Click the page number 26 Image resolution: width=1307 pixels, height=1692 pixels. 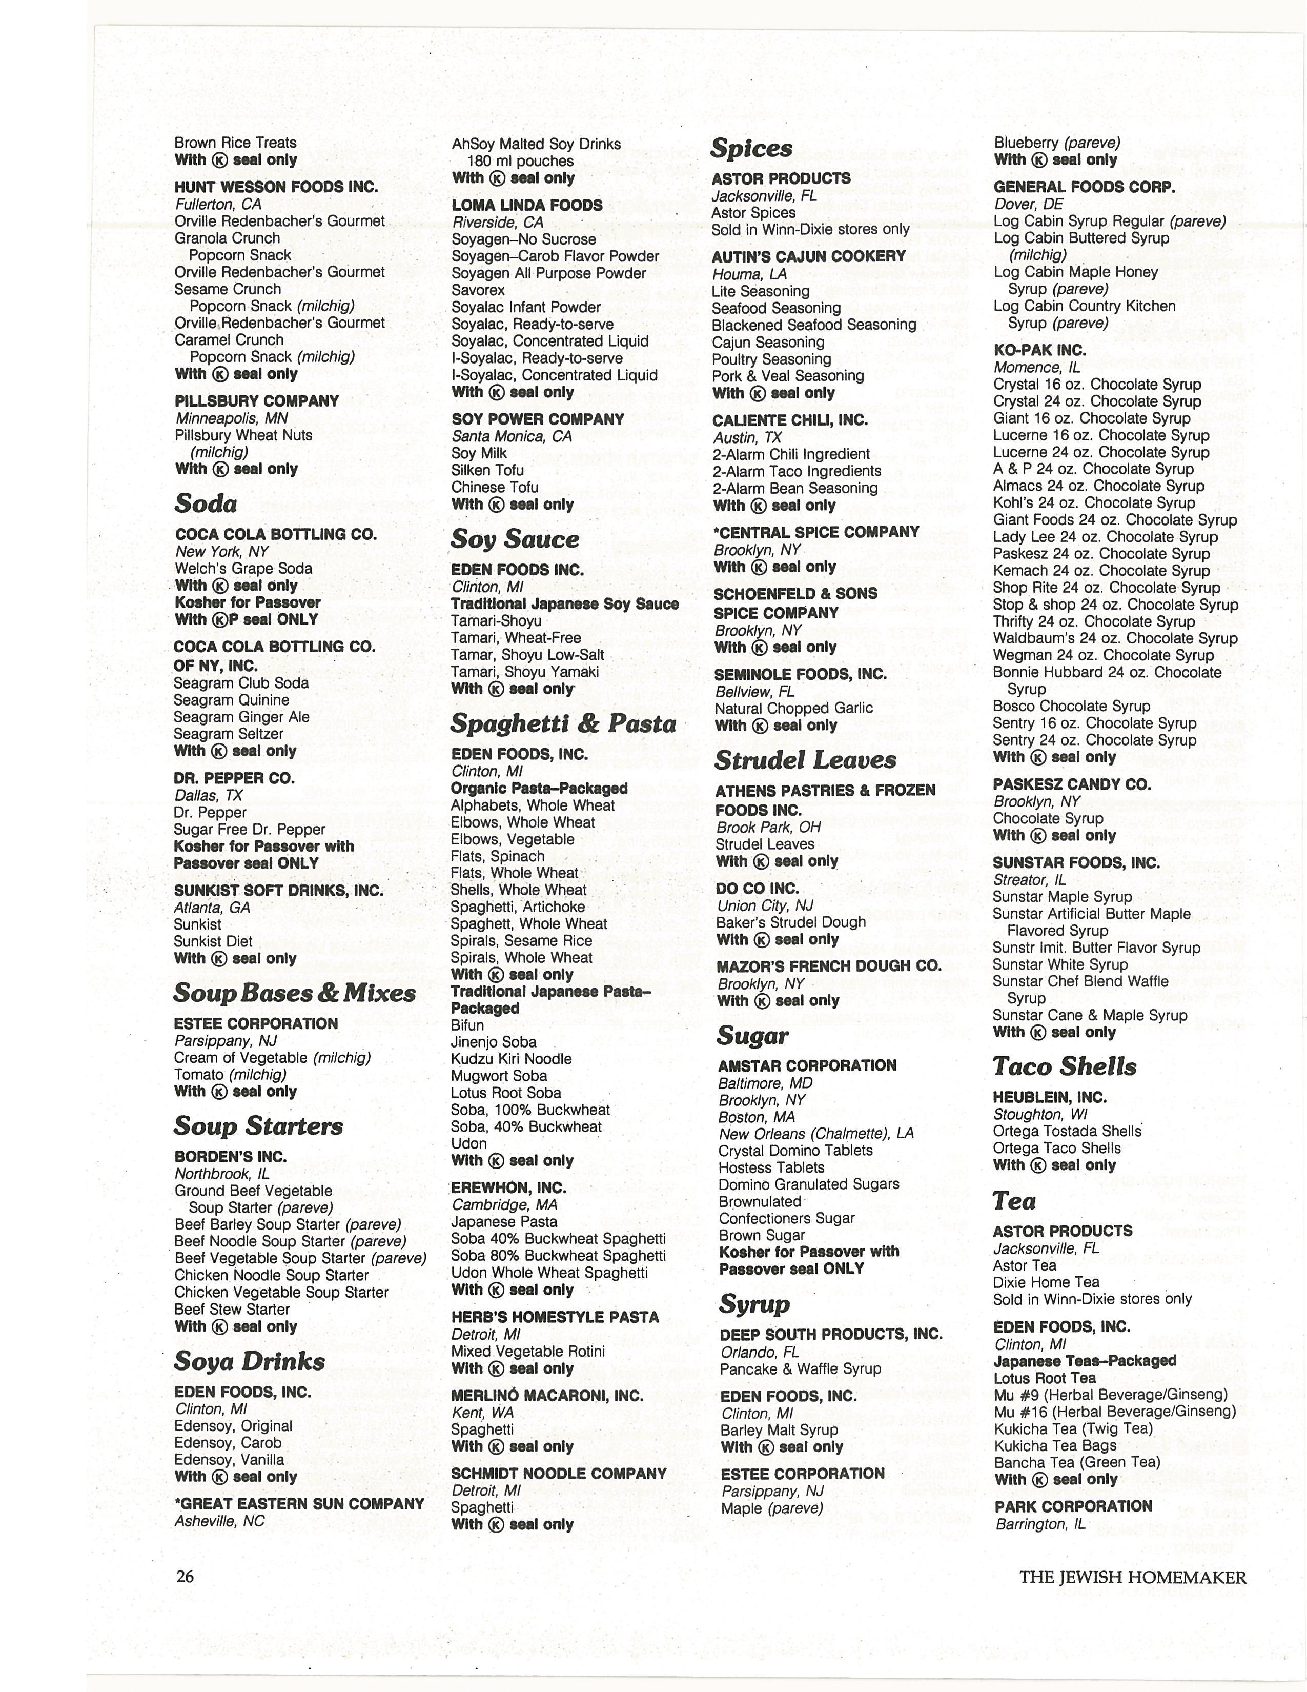coord(185,1577)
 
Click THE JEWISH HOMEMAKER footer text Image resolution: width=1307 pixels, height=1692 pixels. coord(1133,1577)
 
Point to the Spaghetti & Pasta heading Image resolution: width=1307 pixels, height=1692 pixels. coord(563,723)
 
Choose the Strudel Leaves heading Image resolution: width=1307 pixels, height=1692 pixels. coord(805,760)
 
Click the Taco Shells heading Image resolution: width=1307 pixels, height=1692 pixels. coord(1065,1067)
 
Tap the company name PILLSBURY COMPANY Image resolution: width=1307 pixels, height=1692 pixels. coord(257,401)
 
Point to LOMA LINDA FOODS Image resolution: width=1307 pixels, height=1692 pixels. coord(527,205)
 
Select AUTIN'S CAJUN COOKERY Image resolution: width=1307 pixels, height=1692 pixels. coord(808,256)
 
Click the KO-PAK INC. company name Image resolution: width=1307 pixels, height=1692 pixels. coord(1040,350)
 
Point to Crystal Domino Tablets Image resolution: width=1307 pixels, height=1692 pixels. coord(795,1151)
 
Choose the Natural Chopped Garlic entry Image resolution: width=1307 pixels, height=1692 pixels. coord(793,708)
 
